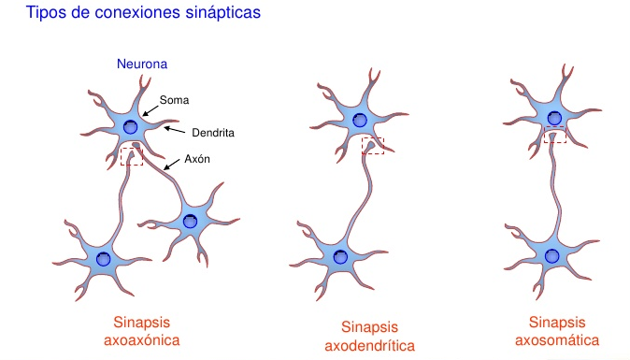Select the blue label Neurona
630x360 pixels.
[142, 65]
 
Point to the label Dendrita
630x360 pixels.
[212, 133]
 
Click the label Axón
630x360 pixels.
[197, 159]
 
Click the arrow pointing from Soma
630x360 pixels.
[150, 109]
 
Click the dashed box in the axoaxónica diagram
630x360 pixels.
[132, 155]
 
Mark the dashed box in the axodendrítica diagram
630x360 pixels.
[373, 146]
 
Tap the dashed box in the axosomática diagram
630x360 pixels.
[555, 137]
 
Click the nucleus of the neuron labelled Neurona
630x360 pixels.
[131, 127]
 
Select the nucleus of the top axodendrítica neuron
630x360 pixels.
[360, 119]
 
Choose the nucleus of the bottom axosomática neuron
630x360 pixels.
[552, 255]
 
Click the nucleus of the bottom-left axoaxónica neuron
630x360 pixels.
[103, 257]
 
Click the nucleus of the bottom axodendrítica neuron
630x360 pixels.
[334, 255]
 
